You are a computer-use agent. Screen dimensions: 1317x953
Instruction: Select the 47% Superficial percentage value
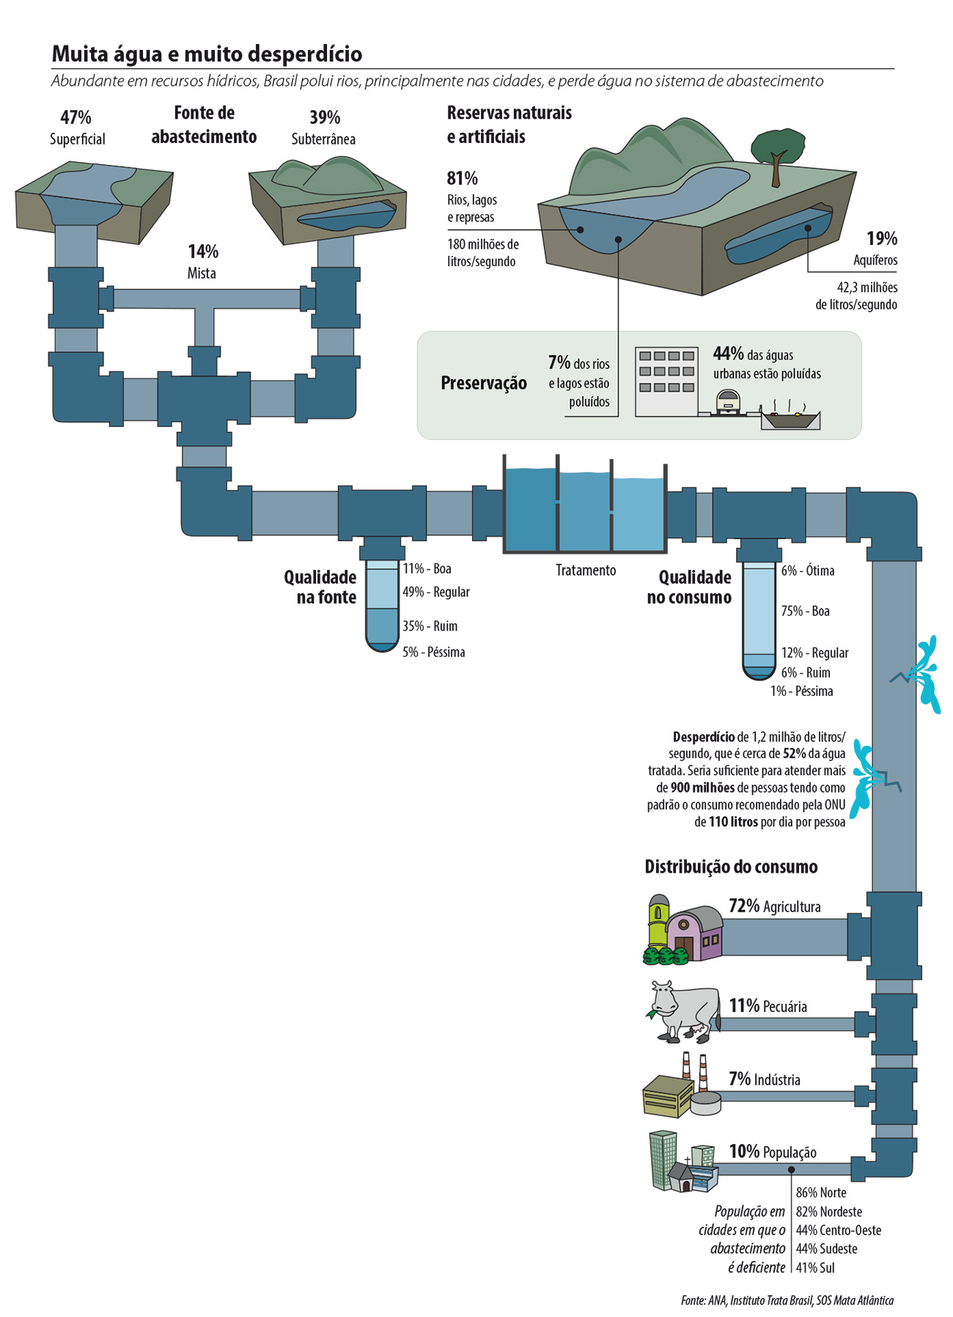point(76,117)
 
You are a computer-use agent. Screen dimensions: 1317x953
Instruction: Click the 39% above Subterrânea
point(324,117)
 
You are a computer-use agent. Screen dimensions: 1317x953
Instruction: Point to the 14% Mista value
point(203,252)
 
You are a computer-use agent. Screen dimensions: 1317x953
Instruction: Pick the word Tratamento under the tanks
point(586,570)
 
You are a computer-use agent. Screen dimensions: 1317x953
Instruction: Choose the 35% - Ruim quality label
point(430,626)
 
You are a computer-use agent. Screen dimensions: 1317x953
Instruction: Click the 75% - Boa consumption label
point(805,611)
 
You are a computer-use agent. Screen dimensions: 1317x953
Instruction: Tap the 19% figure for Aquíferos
point(881,238)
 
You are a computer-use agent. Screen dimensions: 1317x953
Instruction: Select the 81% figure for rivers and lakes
point(462,178)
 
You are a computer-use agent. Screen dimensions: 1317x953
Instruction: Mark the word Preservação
point(484,383)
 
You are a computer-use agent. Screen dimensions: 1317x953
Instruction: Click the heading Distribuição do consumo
point(731,867)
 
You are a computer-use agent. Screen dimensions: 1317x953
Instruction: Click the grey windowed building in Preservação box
point(666,381)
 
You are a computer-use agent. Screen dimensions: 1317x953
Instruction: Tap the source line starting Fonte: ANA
point(787,1300)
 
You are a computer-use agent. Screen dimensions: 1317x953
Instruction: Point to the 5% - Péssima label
point(433,652)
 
